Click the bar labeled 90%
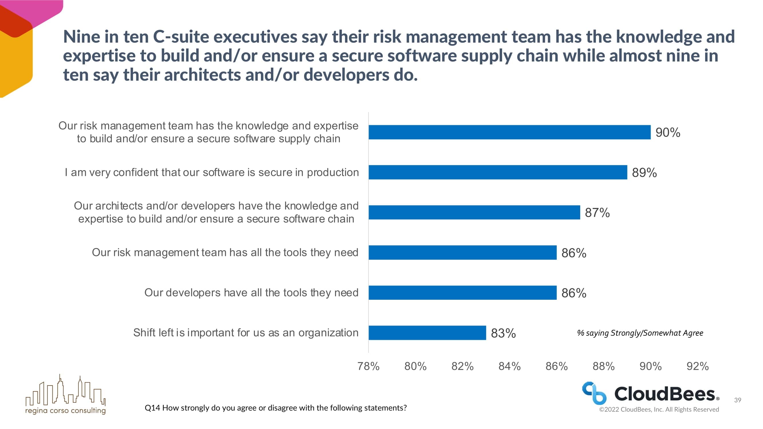click(x=510, y=132)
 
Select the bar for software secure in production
click(x=498, y=172)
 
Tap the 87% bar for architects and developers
click(x=474, y=212)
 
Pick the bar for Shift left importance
click(x=427, y=333)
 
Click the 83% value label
click(x=503, y=333)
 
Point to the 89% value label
click(x=644, y=173)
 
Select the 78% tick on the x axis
click(x=368, y=366)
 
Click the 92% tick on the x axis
click(x=697, y=366)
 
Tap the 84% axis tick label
click(x=510, y=366)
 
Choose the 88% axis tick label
click(x=603, y=366)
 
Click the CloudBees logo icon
click(x=594, y=393)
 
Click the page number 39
click(x=738, y=400)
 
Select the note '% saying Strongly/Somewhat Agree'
click(x=640, y=333)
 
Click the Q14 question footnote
click(x=276, y=408)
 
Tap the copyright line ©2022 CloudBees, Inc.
click(x=659, y=410)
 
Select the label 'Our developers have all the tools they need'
click(x=251, y=293)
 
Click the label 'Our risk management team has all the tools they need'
click(x=225, y=253)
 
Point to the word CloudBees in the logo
click(x=665, y=394)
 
